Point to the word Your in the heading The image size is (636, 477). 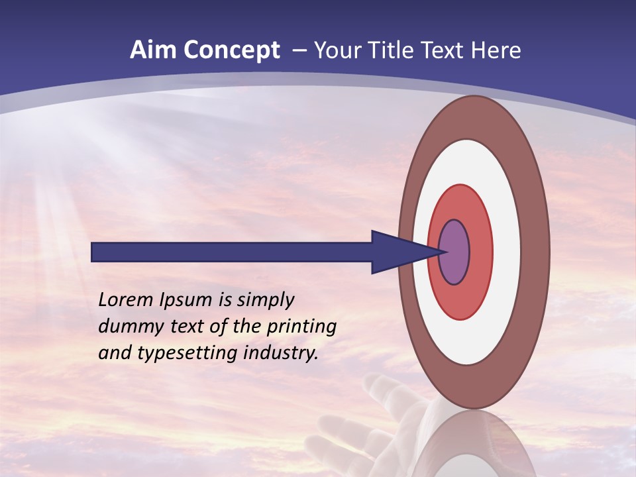tap(338, 50)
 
